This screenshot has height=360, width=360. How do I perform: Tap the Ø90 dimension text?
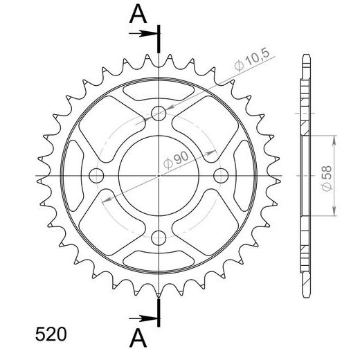coord(176,160)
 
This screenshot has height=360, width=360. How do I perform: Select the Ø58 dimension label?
coord(327,179)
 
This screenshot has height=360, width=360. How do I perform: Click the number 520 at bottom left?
coord(51,334)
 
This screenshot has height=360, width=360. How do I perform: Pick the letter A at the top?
coord(138,14)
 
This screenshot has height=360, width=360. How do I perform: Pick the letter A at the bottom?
coord(138,338)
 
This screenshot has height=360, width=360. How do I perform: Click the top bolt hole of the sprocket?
coord(159,114)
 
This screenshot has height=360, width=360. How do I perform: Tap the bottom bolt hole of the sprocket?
coord(159,238)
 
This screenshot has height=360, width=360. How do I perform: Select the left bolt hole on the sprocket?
coord(96,176)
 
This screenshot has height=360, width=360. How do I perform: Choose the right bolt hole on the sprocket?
coord(221,176)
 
